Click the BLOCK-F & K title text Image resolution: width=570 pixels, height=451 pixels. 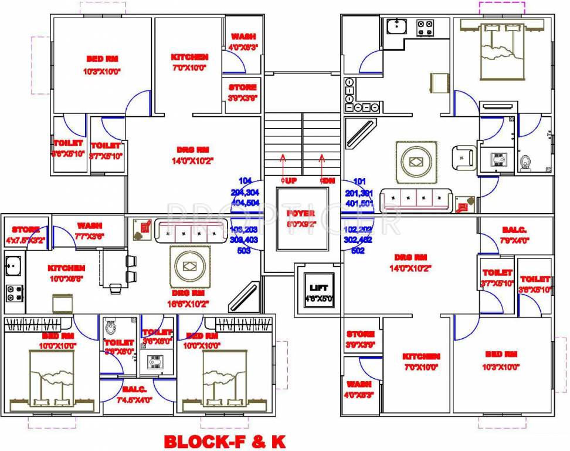[x=225, y=441]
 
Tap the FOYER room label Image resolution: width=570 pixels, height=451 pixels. [x=301, y=213]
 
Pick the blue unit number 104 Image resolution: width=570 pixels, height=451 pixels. [x=245, y=181]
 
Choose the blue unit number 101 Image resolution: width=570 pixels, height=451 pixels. [x=359, y=181]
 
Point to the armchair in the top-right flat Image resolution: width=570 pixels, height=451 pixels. [x=463, y=157]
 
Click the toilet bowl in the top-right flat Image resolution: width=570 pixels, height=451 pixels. [x=525, y=160]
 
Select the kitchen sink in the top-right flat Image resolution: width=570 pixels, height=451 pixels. [x=397, y=26]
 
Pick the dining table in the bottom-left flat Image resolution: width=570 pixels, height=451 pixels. [x=114, y=268]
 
